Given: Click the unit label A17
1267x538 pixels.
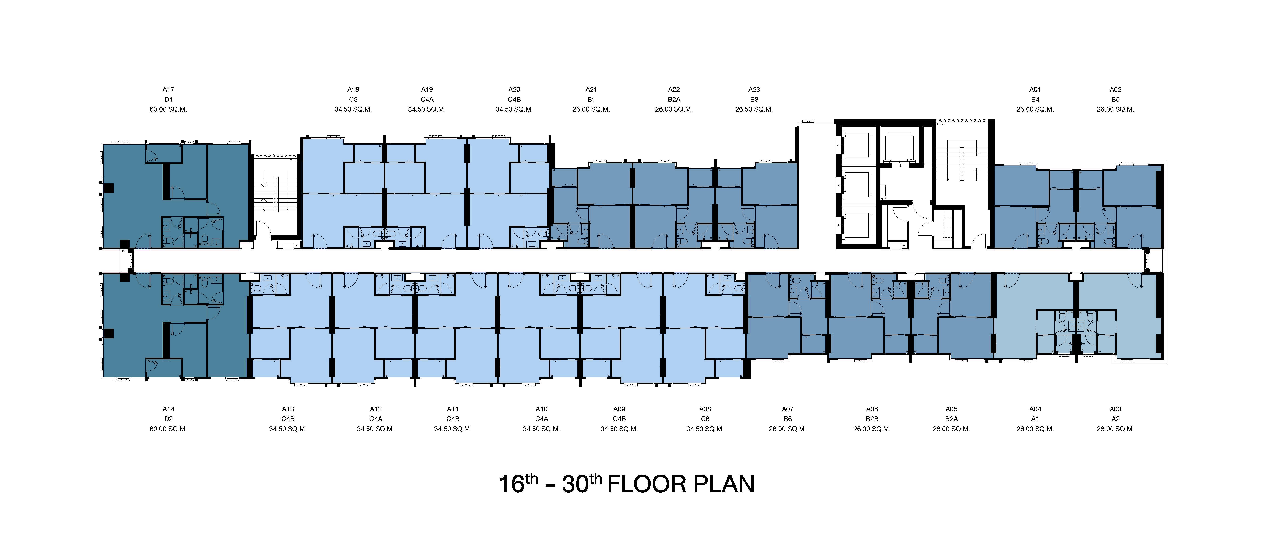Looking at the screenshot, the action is pyautogui.click(x=168, y=90).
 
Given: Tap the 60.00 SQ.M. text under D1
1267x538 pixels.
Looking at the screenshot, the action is pyautogui.click(x=168, y=109).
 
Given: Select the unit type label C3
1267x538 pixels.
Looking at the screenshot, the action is pyautogui.click(x=353, y=100).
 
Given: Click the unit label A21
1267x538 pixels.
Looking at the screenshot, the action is pyautogui.click(x=591, y=90).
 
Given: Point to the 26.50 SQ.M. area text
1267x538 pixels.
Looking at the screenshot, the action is pyautogui.click(x=754, y=109).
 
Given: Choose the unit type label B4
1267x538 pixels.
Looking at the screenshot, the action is pyautogui.click(x=1035, y=100).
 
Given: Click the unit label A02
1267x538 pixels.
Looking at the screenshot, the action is pyautogui.click(x=1115, y=90).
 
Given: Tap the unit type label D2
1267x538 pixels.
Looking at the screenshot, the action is pyautogui.click(x=168, y=419).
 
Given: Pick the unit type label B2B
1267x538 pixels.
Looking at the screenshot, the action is pyautogui.click(x=872, y=419).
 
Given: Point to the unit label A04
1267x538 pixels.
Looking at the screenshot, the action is pyautogui.click(x=1035, y=409).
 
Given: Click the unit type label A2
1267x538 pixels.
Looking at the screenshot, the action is pyautogui.click(x=1115, y=419).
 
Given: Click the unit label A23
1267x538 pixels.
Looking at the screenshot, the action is pyautogui.click(x=754, y=90).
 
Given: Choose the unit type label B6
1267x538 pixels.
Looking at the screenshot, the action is pyautogui.click(x=787, y=419).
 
